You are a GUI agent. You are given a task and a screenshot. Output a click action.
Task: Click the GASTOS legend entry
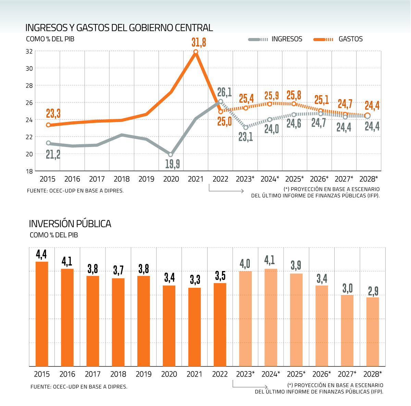pos(350,39)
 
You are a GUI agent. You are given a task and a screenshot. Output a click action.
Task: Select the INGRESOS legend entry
pos(287,39)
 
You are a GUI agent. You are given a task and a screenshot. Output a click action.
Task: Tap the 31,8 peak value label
pos(199,42)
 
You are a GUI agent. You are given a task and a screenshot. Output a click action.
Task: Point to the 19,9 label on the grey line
pos(172,164)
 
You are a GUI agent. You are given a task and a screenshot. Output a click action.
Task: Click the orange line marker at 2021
pos(196,52)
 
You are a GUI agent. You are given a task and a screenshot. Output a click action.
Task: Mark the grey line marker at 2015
pos(48,143)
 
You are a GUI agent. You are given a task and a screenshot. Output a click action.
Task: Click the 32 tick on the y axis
pos(29,51)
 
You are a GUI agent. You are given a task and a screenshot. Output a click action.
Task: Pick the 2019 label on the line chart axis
pos(146,179)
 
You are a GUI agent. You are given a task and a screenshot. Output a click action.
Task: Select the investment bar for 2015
pos(42,313)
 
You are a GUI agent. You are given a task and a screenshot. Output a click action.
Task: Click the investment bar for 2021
pos(195,327)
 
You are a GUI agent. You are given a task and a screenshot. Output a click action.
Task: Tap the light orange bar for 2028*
pos(373,331)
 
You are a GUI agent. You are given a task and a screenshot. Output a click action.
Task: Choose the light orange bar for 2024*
pos(271,317)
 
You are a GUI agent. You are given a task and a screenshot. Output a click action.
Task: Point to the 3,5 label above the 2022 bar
pos(220,275)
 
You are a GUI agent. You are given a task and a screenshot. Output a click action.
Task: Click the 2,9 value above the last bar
pos(373,291)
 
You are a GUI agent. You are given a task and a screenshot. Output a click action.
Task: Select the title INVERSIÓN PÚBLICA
pos(70,224)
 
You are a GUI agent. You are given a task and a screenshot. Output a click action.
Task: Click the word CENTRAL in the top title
pos(194,27)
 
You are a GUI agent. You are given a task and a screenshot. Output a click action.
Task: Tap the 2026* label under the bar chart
pos(322,374)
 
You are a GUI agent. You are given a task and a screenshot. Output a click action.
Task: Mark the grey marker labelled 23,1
pos(246,127)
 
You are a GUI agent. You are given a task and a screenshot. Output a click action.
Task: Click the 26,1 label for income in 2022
pos(224,92)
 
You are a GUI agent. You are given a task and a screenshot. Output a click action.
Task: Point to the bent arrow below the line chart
pos(226,189)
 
